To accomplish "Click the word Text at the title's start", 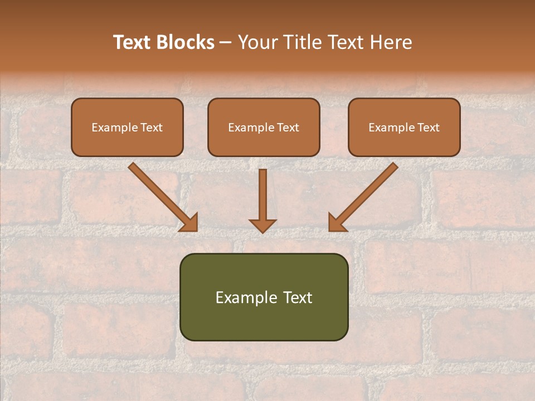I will tap(134, 42).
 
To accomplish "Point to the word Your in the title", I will tap(257, 42).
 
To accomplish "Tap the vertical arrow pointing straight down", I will tap(262, 195).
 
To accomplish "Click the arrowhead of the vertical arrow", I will tap(262, 225).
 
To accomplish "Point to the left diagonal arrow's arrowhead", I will tap(190, 223).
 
